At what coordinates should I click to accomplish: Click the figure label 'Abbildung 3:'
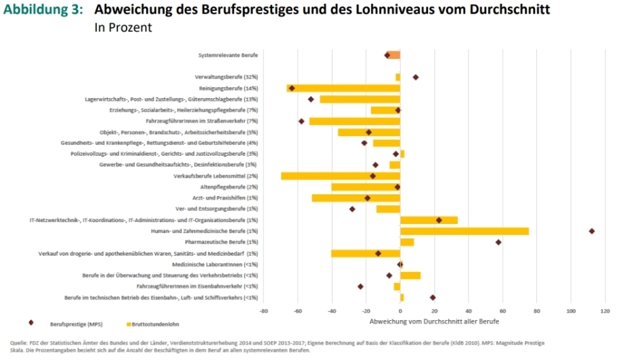pyautogui.click(x=43, y=10)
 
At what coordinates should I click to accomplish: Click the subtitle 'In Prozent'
pyautogui.click(x=123, y=28)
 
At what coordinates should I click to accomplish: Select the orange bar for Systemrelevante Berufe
pyautogui.click(x=394, y=55)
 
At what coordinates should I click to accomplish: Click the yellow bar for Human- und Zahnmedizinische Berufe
pyautogui.click(x=465, y=231)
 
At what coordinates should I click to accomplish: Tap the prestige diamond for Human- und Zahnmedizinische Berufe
pyautogui.click(x=592, y=231)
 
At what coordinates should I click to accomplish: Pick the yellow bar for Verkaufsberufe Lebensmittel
pyautogui.click(x=341, y=176)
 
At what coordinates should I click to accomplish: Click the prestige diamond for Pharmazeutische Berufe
pyautogui.click(x=498, y=242)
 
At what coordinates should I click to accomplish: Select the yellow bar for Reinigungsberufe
pyautogui.click(x=343, y=88)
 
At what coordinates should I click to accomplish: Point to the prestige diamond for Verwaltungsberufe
pyautogui.click(x=416, y=77)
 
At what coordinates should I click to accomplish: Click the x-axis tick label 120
pyautogui.click(x=605, y=311)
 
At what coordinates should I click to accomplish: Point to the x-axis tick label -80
pyautogui.click(x=263, y=311)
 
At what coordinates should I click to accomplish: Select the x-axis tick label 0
pyautogui.click(x=400, y=311)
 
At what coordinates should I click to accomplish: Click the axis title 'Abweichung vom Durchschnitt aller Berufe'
pyautogui.click(x=434, y=320)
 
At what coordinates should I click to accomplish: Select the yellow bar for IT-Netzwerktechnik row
pyautogui.click(x=429, y=220)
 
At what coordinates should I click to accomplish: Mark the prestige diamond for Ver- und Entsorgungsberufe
pyautogui.click(x=352, y=209)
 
